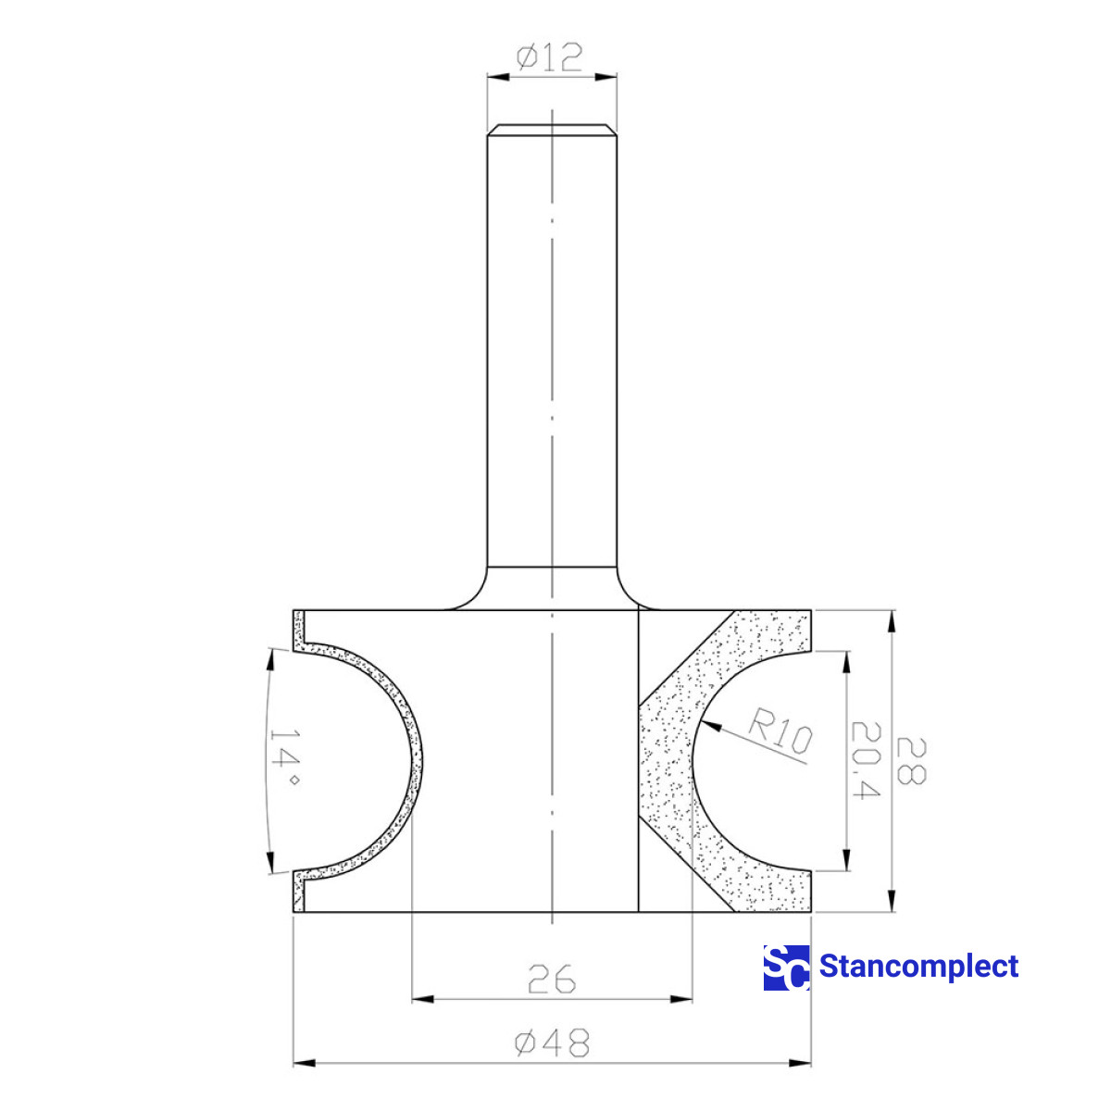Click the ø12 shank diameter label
click(x=550, y=57)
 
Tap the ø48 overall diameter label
click(x=552, y=1044)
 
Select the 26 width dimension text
click(x=552, y=979)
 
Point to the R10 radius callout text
click(x=779, y=730)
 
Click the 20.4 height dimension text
click(x=864, y=761)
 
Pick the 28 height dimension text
click(x=910, y=761)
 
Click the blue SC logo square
click(x=786, y=967)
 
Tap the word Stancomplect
click(x=918, y=967)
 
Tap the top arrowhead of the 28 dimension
click(x=892, y=617)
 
